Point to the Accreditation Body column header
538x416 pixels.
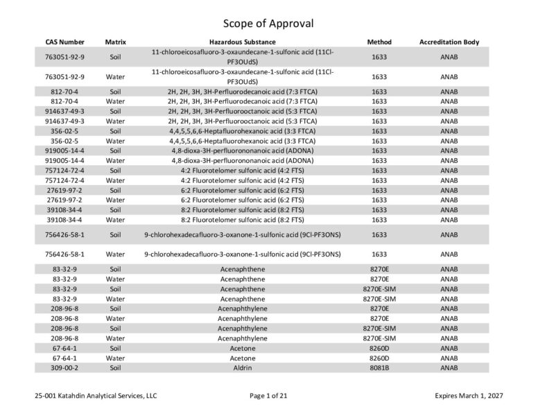click(449, 42)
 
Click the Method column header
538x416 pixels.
click(379, 42)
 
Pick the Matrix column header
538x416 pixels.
click(115, 42)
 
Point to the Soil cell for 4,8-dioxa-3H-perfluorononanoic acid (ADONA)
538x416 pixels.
click(115, 150)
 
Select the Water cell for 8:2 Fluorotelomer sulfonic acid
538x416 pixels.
click(115, 219)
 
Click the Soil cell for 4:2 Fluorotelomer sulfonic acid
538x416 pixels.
click(115, 169)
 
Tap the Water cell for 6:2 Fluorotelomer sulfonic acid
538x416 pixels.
click(115, 199)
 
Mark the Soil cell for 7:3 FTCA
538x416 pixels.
click(115, 91)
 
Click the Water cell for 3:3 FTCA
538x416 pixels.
click(115, 140)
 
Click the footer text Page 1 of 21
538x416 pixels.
click(268, 396)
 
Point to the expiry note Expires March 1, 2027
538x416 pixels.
click(469, 396)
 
